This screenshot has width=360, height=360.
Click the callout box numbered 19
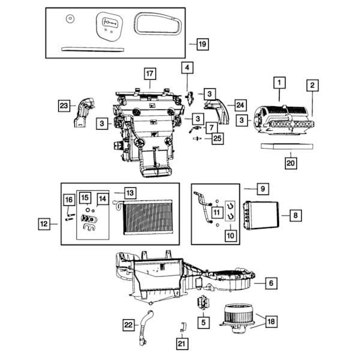[203, 44]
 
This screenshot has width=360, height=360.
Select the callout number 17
[150, 74]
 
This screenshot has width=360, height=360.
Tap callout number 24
[240, 106]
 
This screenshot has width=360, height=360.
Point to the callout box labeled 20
[290, 163]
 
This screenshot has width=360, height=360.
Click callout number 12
[44, 224]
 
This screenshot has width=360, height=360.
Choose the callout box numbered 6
[271, 283]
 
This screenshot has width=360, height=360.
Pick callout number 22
[128, 325]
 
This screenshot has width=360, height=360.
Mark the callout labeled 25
[217, 139]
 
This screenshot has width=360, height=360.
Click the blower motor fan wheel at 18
[237, 318]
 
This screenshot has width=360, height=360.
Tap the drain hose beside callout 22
[144, 328]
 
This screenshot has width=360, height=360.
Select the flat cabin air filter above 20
[287, 146]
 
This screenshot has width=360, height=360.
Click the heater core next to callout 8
[262, 215]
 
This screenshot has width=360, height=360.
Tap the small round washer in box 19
[70, 19]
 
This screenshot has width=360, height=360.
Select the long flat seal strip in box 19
[93, 49]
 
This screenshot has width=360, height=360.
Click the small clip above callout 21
[183, 327]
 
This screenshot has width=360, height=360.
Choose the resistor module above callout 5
[203, 302]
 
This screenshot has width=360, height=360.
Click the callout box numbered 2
[313, 85]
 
